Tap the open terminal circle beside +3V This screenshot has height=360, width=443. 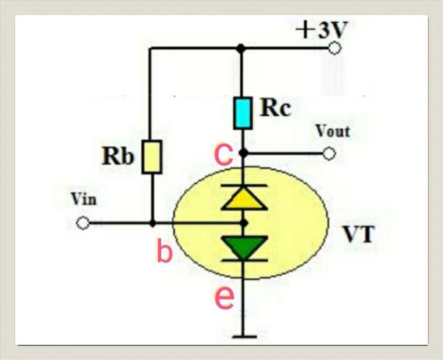click(335, 48)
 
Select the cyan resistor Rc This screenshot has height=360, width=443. click(242, 114)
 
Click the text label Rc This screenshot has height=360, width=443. click(276, 107)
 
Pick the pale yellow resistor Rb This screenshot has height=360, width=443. click(152, 156)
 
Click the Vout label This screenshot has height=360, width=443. click(332, 130)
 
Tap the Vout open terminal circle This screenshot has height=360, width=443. click(329, 153)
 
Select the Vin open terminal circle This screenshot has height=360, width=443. click(83, 224)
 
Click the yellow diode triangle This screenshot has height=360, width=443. click(242, 199)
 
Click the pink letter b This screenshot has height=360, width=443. click(164, 252)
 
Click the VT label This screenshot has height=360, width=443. click(359, 234)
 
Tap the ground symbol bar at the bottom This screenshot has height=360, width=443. click(242, 337)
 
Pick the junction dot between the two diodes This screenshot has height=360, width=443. click(243, 223)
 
